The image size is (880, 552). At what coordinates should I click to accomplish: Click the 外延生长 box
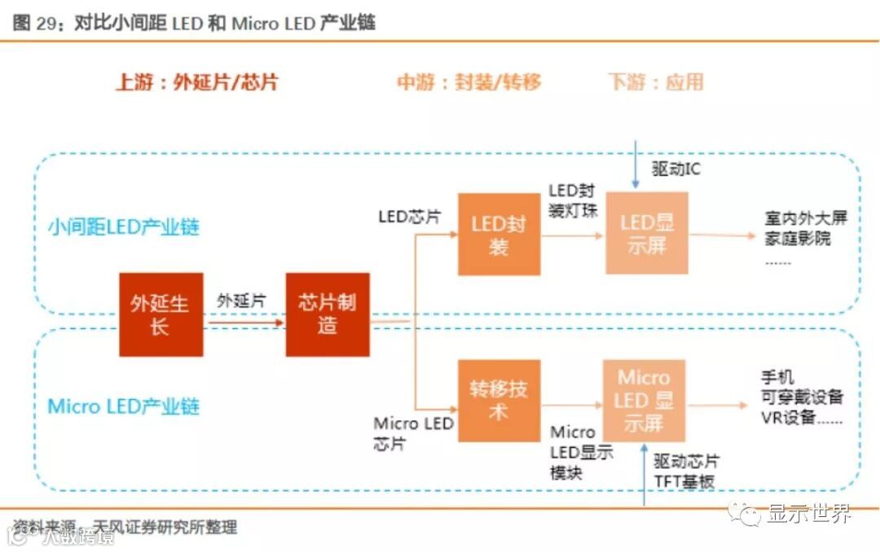click(x=161, y=314)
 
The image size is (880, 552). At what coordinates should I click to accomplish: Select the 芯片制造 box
click(x=327, y=314)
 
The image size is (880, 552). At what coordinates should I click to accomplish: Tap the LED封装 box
click(x=499, y=234)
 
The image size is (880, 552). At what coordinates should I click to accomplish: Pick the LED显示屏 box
click(x=647, y=233)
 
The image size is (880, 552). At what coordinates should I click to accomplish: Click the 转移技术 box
click(x=499, y=401)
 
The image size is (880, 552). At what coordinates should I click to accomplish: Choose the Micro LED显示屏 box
click(x=644, y=400)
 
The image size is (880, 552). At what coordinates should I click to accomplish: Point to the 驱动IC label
click(x=675, y=169)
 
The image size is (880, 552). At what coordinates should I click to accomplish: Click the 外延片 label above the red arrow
click(x=241, y=300)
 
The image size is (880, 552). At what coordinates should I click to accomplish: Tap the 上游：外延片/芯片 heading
click(x=196, y=82)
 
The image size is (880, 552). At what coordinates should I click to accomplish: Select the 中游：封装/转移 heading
click(x=469, y=82)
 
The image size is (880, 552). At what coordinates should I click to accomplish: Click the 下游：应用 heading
click(x=655, y=82)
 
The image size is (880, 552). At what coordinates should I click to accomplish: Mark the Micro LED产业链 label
click(x=123, y=406)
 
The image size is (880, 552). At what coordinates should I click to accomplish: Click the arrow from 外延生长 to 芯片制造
click(x=244, y=322)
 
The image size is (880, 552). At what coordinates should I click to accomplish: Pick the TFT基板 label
click(x=684, y=482)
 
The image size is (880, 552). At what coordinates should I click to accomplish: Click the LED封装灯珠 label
click(x=572, y=201)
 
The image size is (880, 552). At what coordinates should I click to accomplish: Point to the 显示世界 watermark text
click(x=808, y=514)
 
